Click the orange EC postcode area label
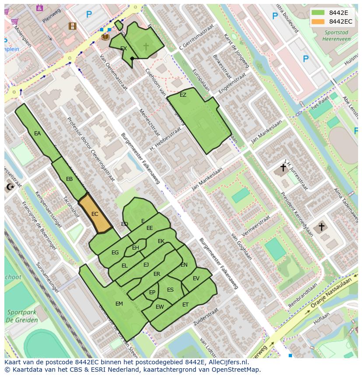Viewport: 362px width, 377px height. coord(94,214)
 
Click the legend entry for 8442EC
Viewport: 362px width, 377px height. coord(341,21)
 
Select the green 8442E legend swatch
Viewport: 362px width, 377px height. coord(318,12)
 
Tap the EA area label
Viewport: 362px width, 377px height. coord(37,134)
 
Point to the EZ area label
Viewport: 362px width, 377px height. coord(183,95)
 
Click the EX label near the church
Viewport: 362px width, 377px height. coord(123,49)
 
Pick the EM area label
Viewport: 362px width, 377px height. coord(119,304)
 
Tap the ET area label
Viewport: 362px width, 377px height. coord(185,305)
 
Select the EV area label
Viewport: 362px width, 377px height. coord(196,278)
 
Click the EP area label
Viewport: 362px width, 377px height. coord(152,292)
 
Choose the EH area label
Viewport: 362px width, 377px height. coord(135,248)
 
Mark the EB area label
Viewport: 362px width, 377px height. coord(69,179)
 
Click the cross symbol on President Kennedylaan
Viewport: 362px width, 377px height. coord(321,227)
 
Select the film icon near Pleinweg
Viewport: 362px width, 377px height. coord(72,26)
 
